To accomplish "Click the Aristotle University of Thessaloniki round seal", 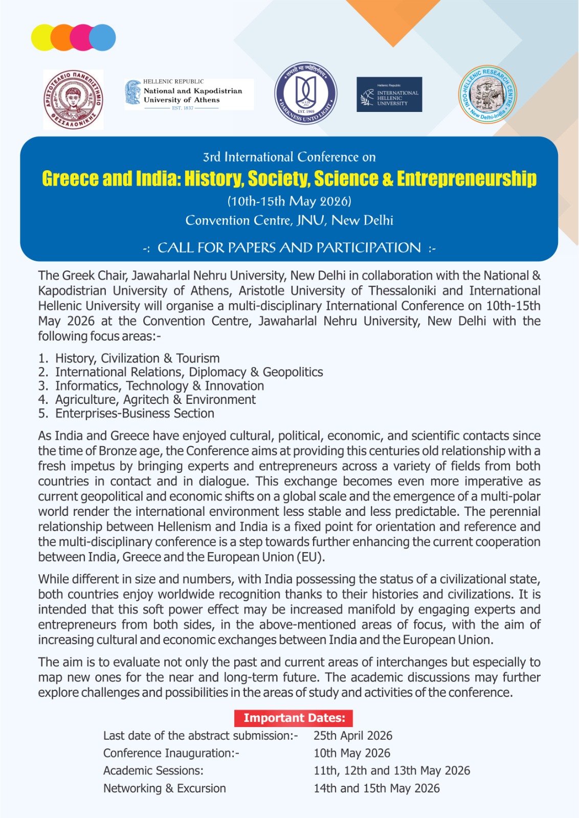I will pos(73,99).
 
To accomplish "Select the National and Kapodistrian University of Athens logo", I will pos(189,95).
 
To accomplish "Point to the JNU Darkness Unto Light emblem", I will pos(305,94).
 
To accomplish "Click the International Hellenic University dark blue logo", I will pos(389,95).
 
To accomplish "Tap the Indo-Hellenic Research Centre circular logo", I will pos(487,95).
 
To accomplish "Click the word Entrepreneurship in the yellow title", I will pos(466,178).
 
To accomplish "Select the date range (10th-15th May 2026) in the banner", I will pos(289,201).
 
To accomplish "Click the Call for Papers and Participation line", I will pos(289,248).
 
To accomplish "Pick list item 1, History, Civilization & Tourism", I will pos(137,358).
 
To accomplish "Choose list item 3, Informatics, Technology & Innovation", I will pos(159,386).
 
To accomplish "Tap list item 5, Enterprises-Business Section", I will pos(135,414).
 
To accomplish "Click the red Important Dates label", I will pos(294,718).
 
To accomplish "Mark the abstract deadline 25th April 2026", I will pos(353,736).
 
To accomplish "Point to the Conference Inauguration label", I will pos(171,753).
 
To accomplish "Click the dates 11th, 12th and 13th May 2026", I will pos(392,770).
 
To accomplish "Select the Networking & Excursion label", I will pos(164,788).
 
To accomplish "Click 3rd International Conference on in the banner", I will pos(289,157).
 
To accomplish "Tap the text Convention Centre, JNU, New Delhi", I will pos(289,220).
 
